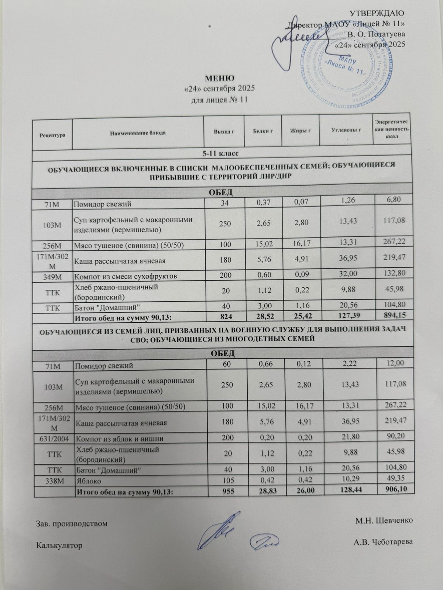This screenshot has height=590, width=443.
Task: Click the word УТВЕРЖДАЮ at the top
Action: [x=377, y=13]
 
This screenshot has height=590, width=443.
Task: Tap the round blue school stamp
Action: [x=343, y=66]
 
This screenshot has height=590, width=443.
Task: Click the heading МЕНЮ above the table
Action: [x=220, y=79]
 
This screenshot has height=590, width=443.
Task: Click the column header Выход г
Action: [x=224, y=132]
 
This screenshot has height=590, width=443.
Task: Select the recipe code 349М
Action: [x=52, y=275]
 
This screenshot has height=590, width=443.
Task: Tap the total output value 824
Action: [x=224, y=317]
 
